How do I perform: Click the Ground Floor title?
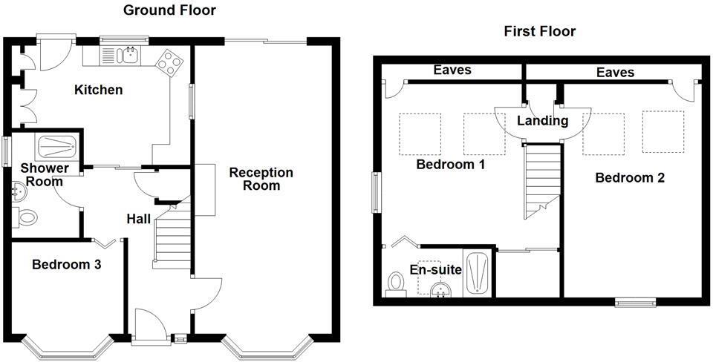169,10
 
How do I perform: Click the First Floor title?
539,31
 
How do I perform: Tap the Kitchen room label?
98,90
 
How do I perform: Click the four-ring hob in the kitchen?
169,62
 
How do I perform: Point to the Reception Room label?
261,179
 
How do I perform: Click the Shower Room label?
44,174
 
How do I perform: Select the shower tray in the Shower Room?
56,145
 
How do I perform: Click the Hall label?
138,219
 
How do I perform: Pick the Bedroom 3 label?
67,264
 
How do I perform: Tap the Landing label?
542,121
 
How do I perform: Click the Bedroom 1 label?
450,164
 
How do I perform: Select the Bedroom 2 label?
630,178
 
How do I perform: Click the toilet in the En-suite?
397,283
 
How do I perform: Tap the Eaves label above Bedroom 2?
616,72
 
